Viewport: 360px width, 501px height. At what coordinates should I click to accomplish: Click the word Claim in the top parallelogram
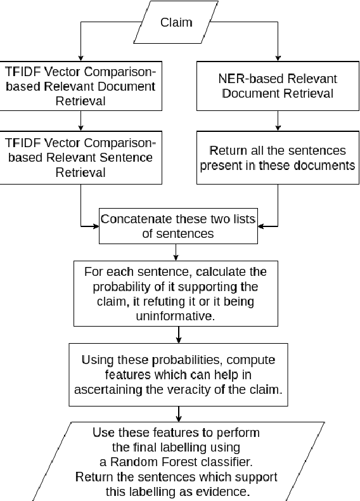pyautogui.click(x=177, y=22)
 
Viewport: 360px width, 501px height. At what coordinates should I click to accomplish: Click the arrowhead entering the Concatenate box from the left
pyautogui.click(x=95, y=225)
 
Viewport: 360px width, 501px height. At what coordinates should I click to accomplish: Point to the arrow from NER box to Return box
pyautogui.click(x=278, y=120)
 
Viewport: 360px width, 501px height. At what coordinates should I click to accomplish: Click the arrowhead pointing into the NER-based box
pyautogui.click(x=278, y=56)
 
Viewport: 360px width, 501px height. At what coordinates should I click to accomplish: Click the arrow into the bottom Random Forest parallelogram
pyautogui.click(x=179, y=414)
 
